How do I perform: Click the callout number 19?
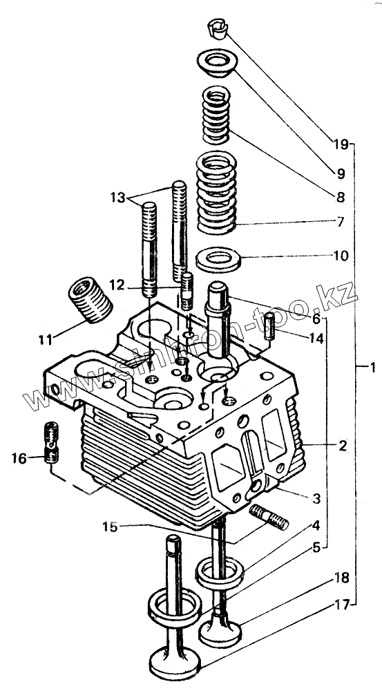tap(341, 144)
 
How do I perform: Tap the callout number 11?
tap(45, 340)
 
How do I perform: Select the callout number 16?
tap(19, 458)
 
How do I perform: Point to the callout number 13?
tap(118, 197)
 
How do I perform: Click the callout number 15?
tap(110, 527)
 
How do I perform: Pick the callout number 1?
tap(372, 367)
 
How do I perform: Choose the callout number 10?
tap(341, 256)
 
